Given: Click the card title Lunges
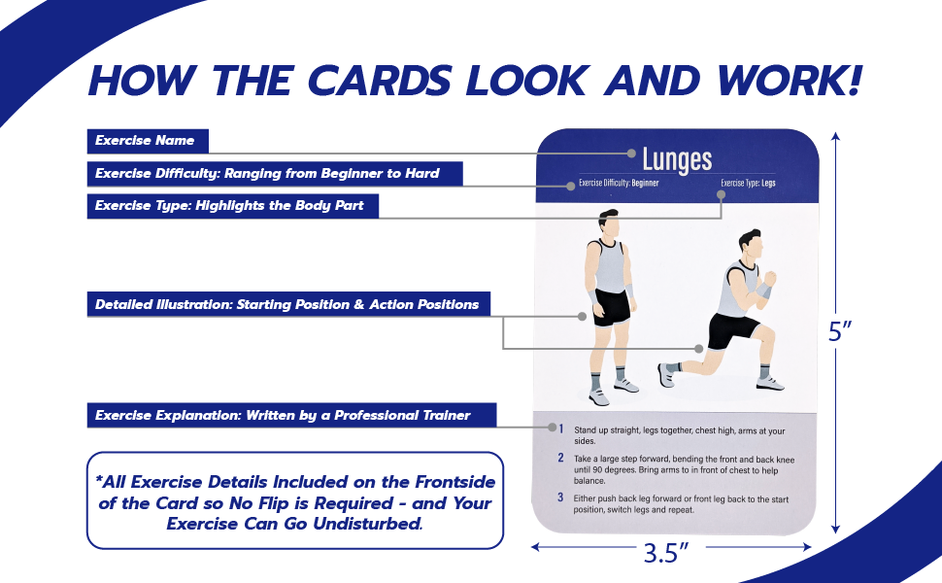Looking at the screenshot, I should [x=677, y=159].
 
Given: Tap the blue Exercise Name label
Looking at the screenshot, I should [x=145, y=141].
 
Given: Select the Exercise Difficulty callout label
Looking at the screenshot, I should [x=267, y=174].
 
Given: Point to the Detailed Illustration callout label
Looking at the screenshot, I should [x=286, y=304].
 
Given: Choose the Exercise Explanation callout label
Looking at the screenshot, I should [x=283, y=415].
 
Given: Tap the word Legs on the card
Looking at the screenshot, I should [x=768, y=183].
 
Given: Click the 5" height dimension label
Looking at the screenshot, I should [x=840, y=331].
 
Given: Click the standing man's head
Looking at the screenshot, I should [x=608, y=223].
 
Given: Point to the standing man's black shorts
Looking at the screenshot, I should [x=612, y=306].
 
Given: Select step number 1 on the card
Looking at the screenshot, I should [x=560, y=428].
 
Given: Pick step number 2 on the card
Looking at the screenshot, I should [x=560, y=457].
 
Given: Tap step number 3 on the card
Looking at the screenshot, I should [x=560, y=497].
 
